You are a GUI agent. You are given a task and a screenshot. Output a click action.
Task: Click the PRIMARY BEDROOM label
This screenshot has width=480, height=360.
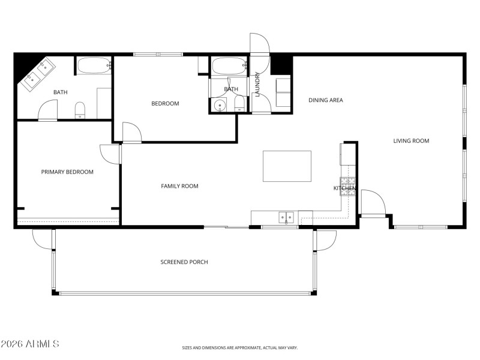tap(67, 172)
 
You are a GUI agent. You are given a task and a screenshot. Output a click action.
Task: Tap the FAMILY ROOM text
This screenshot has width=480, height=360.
tap(179, 186)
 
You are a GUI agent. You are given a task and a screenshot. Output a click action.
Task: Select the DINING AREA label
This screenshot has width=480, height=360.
tap(326, 100)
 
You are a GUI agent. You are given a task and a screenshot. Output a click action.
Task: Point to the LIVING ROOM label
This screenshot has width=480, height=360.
tap(411, 141)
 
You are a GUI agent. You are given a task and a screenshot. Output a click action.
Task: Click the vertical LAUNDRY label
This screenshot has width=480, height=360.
tap(257, 85)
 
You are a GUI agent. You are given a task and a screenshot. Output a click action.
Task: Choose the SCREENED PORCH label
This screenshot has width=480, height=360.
tap(184, 262)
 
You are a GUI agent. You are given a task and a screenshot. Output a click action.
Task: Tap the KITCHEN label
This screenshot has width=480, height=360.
tap(345, 188)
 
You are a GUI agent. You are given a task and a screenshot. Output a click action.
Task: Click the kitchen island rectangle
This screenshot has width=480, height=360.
tap(287, 166)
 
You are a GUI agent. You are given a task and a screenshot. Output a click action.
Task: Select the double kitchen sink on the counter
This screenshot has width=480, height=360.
tap(286, 217)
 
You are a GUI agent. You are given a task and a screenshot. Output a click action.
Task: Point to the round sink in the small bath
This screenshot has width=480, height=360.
tap(220, 106)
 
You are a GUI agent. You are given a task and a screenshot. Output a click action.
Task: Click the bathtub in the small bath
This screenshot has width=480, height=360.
tap(228, 66)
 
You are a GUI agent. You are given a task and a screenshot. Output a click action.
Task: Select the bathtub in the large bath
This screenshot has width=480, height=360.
tap(94, 65)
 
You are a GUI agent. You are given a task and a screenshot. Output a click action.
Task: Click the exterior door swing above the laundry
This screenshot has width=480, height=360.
tap(260, 43)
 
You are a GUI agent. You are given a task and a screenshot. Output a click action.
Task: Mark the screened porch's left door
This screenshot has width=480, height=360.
tap(43, 239)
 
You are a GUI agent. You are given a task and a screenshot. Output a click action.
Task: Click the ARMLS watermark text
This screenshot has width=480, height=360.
tap(30, 344)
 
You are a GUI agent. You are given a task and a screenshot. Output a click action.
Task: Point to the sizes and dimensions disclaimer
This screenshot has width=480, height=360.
tap(240, 347)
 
